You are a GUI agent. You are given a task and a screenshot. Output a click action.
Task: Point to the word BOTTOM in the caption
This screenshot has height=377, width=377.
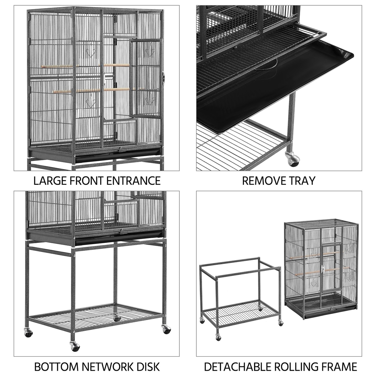click(x=57, y=361)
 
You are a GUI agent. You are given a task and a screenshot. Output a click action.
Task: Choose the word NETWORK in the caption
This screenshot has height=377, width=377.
click(x=108, y=361)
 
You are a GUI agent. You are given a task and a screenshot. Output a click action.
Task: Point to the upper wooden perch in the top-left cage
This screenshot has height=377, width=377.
click(x=85, y=66)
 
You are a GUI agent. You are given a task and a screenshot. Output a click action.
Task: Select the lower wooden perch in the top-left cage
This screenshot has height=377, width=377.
click(x=91, y=90)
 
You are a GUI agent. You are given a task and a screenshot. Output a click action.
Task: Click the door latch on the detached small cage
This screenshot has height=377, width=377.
click(x=323, y=270)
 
